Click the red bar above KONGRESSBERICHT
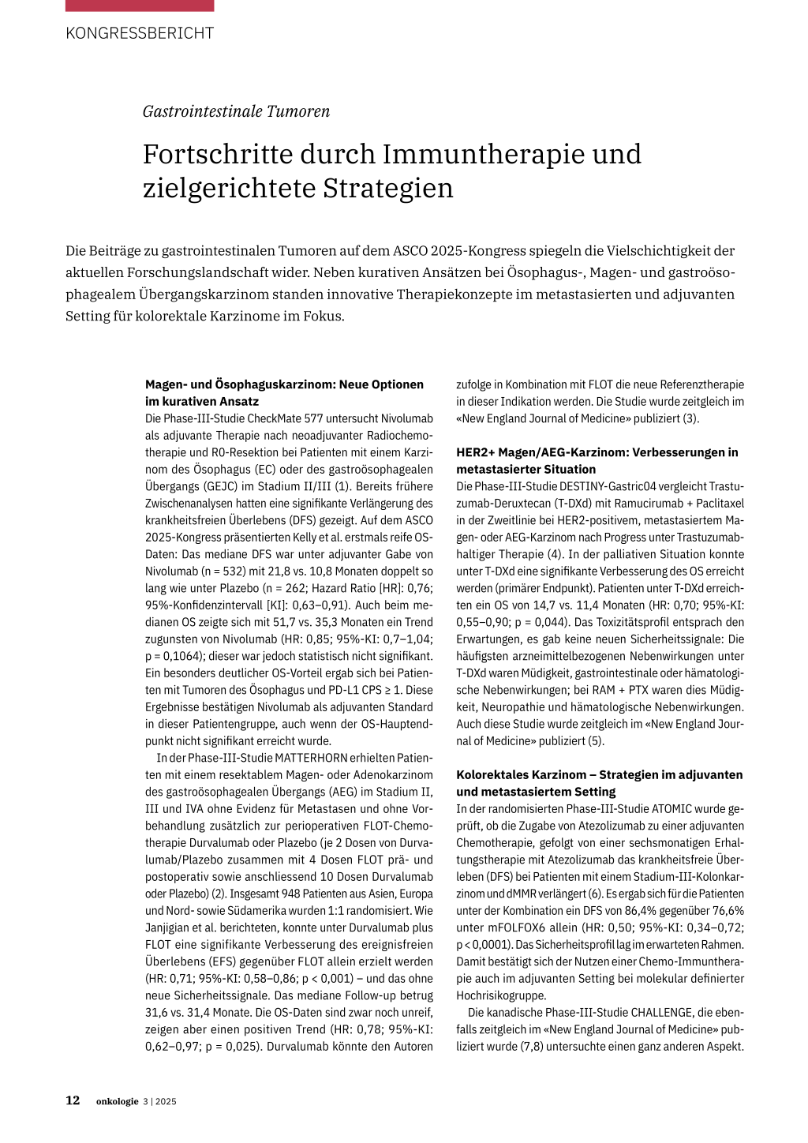140,6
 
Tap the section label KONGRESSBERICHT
140,33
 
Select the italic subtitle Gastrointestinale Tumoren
236,111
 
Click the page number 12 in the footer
73,1100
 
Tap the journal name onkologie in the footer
117,1101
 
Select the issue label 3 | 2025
159,1101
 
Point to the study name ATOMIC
673,808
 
